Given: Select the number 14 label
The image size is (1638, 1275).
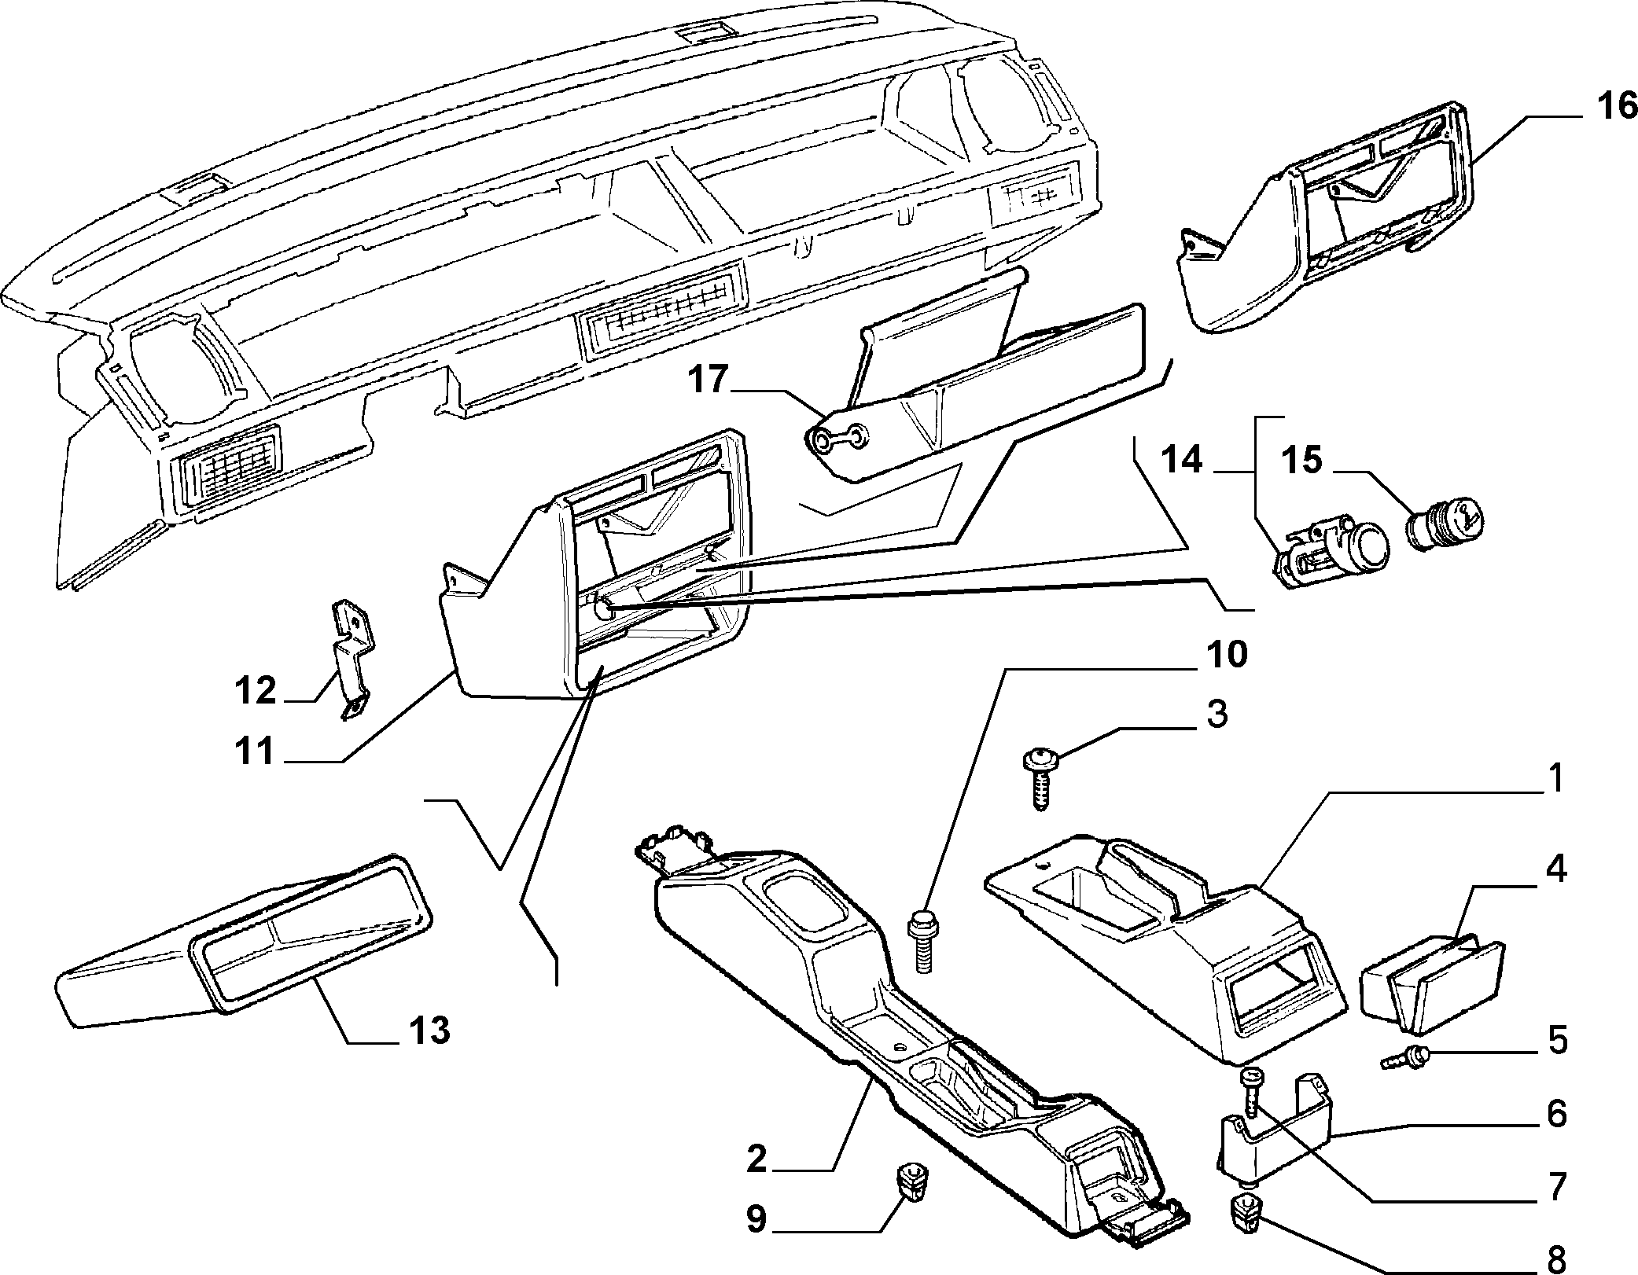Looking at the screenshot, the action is (1182, 461).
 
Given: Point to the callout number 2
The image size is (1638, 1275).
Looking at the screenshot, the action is (756, 1160).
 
